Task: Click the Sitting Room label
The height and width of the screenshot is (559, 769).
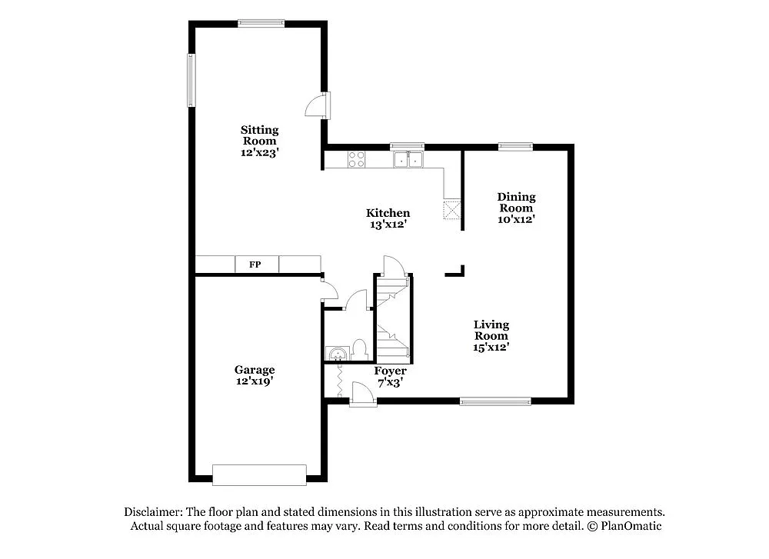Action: [259, 135]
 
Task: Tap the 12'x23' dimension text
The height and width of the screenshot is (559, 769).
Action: [259, 152]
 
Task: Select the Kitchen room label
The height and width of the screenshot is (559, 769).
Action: [388, 213]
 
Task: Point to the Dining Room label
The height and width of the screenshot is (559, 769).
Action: [516, 202]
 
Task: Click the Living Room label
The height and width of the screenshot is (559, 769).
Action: [491, 330]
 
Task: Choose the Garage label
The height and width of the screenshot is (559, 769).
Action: [255, 370]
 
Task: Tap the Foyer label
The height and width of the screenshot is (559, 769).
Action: [390, 371]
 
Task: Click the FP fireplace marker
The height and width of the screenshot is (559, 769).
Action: [255, 265]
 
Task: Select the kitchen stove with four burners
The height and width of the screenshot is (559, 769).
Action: [357, 160]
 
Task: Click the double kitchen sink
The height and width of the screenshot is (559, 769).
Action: [408, 160]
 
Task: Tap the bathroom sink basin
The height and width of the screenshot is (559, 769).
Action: [335, 353]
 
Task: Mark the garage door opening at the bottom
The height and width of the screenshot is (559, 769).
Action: [259, 474]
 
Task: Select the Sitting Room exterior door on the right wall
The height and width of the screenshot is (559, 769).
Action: [319, 105]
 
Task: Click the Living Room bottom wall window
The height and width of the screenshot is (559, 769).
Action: [494, 401]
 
